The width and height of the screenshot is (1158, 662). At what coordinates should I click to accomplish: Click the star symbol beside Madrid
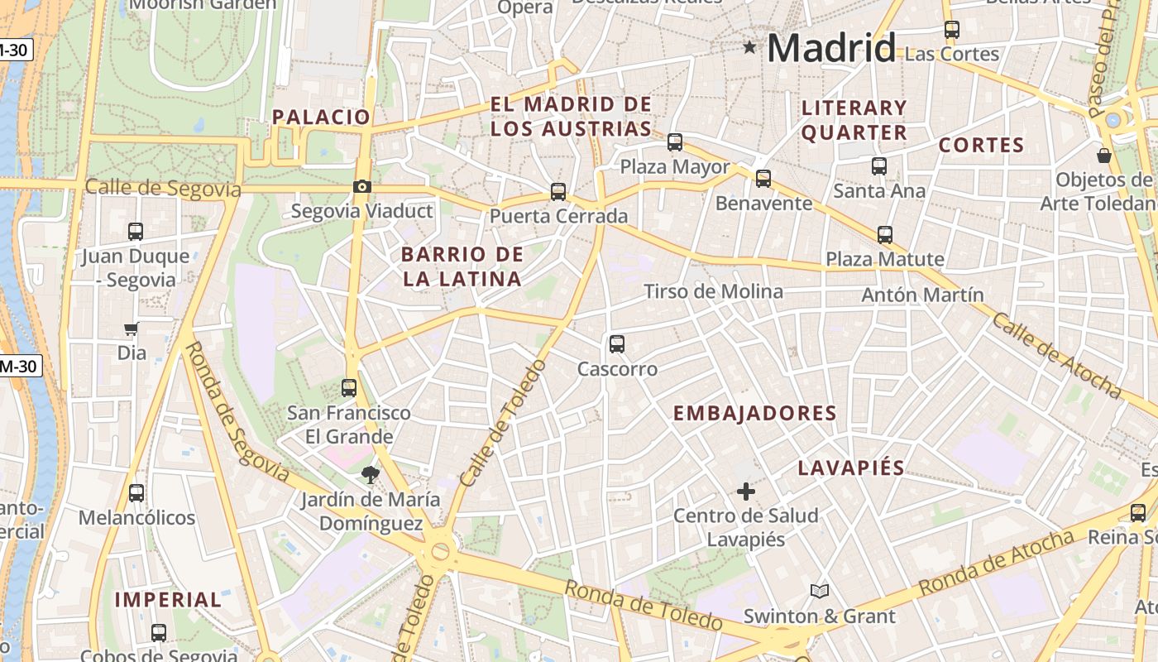point(749,47)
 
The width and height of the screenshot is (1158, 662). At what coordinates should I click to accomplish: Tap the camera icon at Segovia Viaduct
point(361,187)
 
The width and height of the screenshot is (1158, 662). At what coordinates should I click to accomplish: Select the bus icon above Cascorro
point(616,344)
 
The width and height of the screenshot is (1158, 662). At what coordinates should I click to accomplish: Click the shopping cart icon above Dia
point(131,329)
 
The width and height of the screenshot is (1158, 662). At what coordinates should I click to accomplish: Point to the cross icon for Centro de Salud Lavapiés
point(745,492)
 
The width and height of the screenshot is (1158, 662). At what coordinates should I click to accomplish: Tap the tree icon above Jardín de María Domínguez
point(370,475)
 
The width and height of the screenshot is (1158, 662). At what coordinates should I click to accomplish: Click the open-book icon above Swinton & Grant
point(819,591)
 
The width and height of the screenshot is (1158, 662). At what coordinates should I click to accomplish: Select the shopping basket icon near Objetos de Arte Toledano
point(1103,156)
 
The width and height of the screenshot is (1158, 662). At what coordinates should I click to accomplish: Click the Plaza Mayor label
point(675,166)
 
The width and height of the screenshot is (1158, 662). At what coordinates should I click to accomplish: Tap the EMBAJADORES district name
point(754,413)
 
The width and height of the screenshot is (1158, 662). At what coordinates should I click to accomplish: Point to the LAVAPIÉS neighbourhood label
point(851,468)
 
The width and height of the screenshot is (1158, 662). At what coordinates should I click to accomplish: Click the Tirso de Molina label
point(713,291)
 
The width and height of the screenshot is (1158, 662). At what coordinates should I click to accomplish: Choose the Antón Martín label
point(922,295)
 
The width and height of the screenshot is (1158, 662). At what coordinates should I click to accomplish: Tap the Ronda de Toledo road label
point(644,605)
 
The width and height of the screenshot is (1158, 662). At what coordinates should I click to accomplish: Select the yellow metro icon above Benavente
point(763,178)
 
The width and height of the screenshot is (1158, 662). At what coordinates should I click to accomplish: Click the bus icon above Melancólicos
point(136,493)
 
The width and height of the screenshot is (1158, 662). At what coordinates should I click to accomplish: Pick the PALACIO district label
point(321,117)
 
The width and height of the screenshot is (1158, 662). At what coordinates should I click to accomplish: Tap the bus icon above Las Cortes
point(951,30)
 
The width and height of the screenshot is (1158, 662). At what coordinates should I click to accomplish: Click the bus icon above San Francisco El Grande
point(348,387)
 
